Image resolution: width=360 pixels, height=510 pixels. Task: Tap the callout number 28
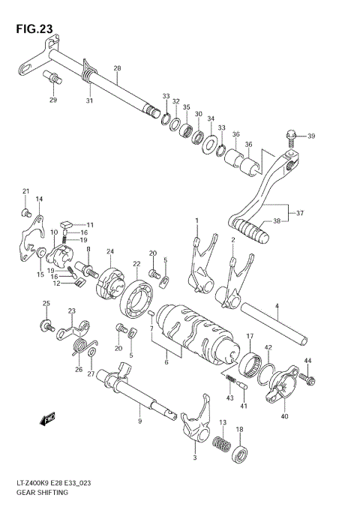point(117,68)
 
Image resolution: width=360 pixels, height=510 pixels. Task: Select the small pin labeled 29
point(53,76)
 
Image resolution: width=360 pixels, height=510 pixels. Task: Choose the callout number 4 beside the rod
point(276,306)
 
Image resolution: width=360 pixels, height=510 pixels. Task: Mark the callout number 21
point(25,191)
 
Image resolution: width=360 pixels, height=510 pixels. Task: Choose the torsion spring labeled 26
point(79,347)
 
